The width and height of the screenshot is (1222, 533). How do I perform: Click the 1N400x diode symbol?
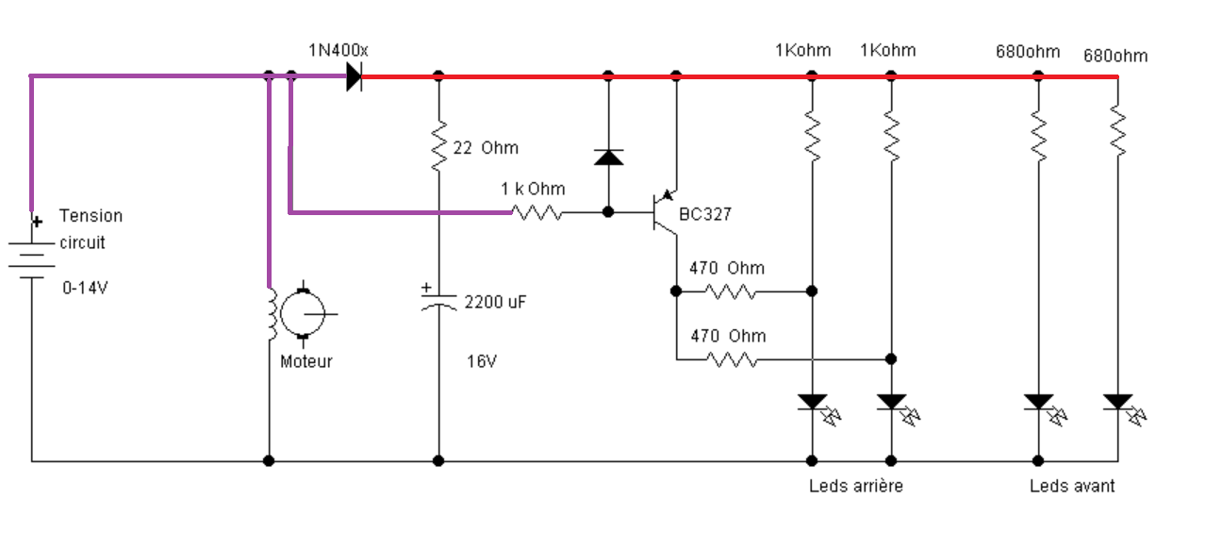tap(354, 76)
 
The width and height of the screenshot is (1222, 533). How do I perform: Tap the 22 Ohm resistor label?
tap(486, 148)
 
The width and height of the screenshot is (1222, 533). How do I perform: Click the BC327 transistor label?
tap(705, 214)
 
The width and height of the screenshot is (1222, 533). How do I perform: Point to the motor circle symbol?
tap(303, 314)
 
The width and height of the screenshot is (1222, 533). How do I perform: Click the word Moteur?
tap(306, 361)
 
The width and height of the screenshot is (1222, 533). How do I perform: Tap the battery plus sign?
tap(37, 222)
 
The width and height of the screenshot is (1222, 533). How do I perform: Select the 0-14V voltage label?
tap(85, 288)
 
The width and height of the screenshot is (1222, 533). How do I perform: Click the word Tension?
tap(91, 215)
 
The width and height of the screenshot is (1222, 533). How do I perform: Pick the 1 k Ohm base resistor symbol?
tap(537, 213)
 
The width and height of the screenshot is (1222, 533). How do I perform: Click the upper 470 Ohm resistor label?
tap(727, 268)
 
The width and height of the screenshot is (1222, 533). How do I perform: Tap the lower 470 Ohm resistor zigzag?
tap(731, 359)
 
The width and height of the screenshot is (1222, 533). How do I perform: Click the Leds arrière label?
tap(856, 486)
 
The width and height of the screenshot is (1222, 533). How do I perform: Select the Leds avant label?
tap(1072, 486)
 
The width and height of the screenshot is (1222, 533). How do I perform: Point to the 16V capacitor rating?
tap(482, 361)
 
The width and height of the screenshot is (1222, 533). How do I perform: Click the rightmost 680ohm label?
tap(1115, 56)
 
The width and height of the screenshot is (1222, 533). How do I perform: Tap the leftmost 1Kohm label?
tap(803, 50)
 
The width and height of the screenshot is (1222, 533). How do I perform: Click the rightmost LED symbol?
tap(1124, 409)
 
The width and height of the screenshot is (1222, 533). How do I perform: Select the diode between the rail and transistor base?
tap(609, 158)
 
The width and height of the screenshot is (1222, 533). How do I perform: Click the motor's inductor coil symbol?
tap(272, 315)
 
